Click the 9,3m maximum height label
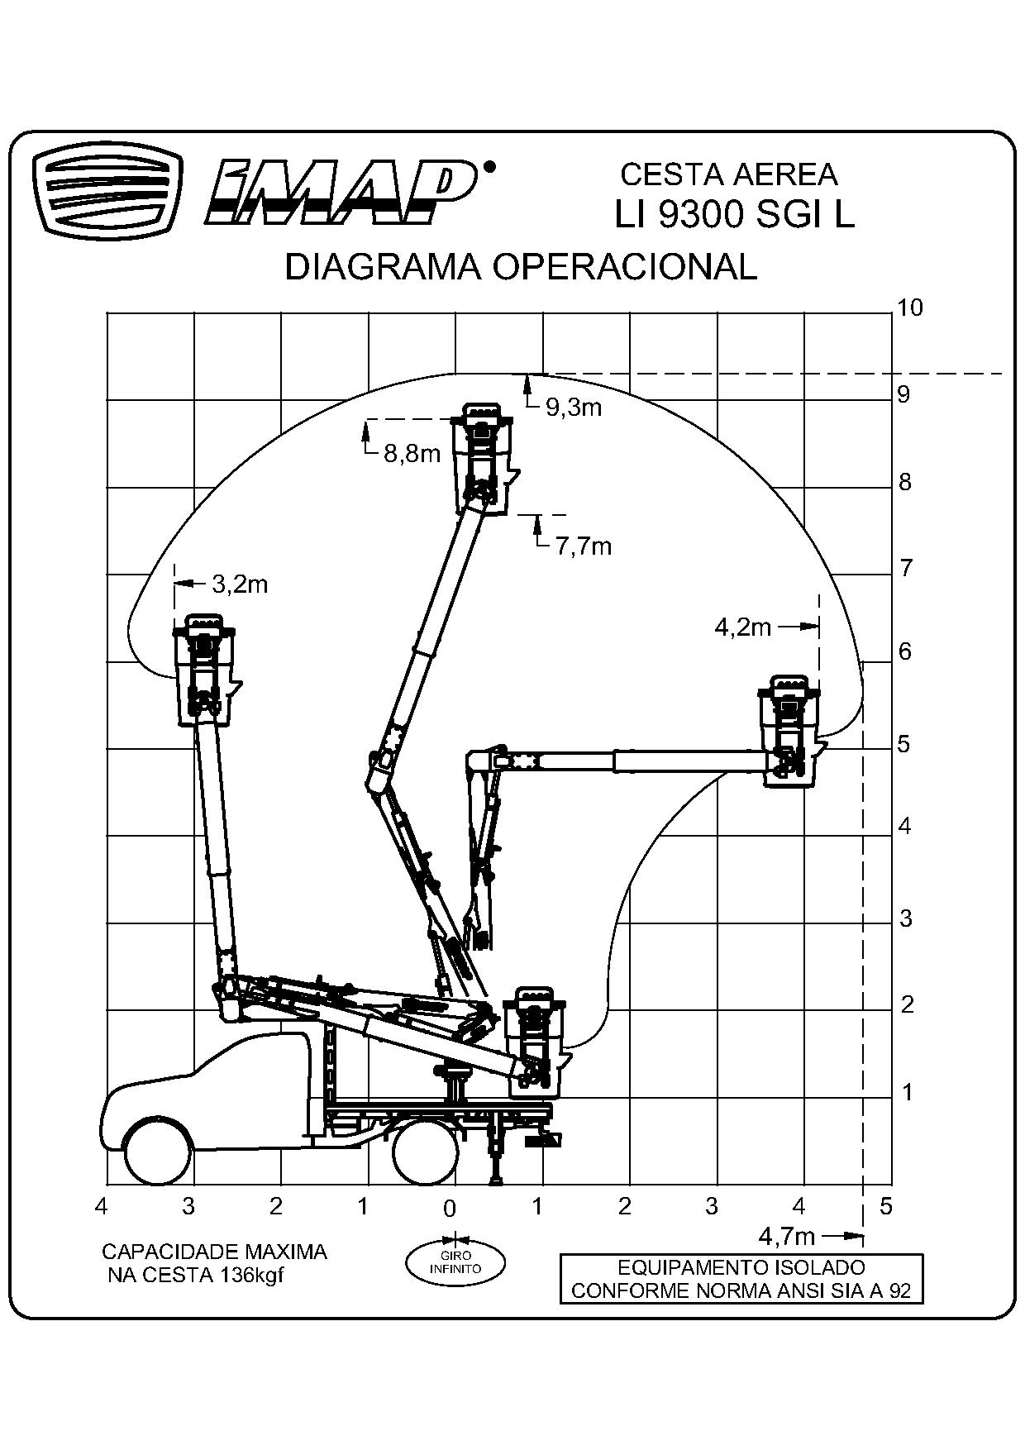coord(573,407)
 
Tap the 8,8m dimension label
coord(412,453)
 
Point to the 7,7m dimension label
coord(583,546)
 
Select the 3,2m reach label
coord(240,584)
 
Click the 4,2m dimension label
coord(742,627)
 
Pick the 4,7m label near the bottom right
coord(786,1237)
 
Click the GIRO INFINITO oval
coord(455,1262)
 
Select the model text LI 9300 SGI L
coord(733,215)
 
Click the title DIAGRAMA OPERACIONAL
coord(521,267)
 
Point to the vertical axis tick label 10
coord(909,308)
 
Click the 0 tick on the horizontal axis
coord(450,1209)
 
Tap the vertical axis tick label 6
coord(905,651)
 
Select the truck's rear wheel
coord(426,1152)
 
